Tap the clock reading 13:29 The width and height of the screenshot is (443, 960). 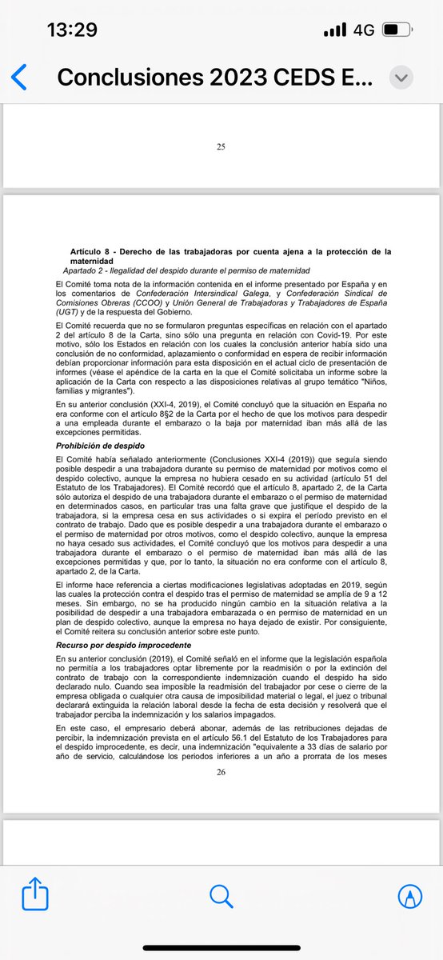tap(72, 30)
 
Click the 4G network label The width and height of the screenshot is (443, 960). tap(364, 30)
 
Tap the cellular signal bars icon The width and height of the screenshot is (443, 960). tap(335, 31)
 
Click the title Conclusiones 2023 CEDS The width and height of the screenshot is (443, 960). tap(214, 78)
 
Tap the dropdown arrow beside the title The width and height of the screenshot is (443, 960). tap(400, 78)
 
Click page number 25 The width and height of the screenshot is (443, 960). tap(221, 146)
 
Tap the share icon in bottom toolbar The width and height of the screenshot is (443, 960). tap(36, 894)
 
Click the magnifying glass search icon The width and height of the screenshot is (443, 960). tap(221, 894)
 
